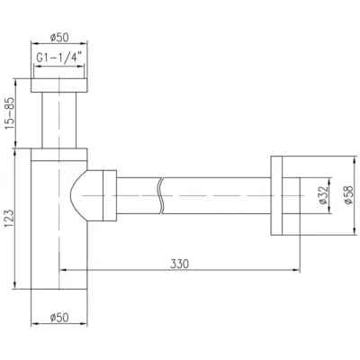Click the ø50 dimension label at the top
pyautogui.click(x=59, y=37)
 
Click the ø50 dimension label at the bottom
pyautogui.click(x=59, y=317)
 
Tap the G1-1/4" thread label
pyautogui.click(x=59, y=58)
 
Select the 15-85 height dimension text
pyautogui.click(x=9, y=113)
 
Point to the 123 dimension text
pyautogui.click(x=9, y=219)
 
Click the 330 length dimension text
pyautogui.click(x=180, y=264)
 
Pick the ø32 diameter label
pyautogui.click(x=323, y=195)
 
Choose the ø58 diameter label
pyautogui.click(x=348, y=195)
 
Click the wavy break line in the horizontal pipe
pyautogui.click(x=161, y=195)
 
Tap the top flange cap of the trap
pyautogui.click(x=59, y=85)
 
